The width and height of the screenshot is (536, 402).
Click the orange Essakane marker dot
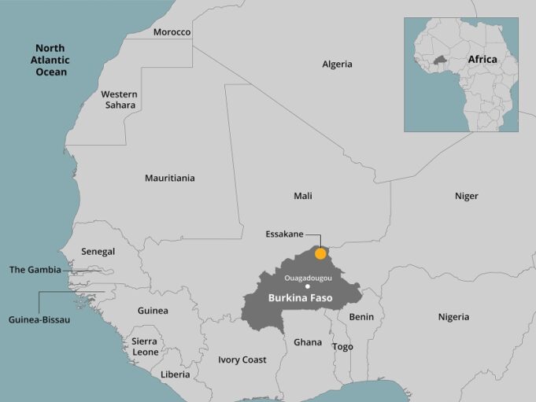320,253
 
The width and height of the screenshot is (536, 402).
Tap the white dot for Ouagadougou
308,286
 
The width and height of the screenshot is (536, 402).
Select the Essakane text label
285,234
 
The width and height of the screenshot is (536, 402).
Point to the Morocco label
172,32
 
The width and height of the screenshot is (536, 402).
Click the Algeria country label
337,65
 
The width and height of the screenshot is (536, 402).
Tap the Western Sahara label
118,99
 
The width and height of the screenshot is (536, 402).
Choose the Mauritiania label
169,178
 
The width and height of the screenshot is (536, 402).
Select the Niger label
466,196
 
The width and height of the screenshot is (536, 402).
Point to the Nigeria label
453,317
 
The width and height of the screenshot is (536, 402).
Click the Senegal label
98,252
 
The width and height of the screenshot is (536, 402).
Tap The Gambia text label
35,270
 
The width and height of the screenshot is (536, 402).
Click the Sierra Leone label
144,347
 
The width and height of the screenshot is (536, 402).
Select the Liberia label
175,374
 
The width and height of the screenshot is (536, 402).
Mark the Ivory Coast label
242,360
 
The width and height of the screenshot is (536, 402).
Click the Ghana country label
308,342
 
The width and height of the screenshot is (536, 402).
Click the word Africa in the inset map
482,59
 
